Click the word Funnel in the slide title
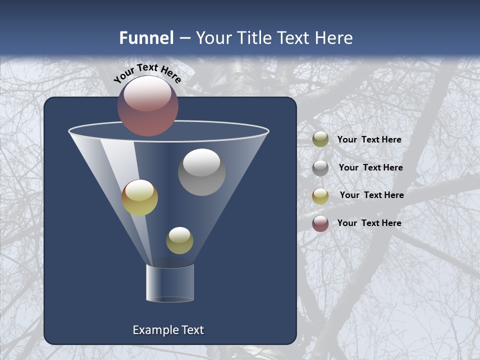(146, 38)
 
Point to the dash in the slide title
(184, 38)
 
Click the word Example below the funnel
(155, 330)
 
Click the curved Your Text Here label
(147, 73)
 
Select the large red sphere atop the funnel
(148, 106)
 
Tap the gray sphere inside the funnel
(201, 172)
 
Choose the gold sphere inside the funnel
(140, 197)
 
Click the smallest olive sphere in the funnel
(179, 240)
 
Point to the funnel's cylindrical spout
(170, 283)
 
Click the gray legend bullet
(320, 168)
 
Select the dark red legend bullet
(320, 223)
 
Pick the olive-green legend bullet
(320, 139)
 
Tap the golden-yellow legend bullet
(320, 196)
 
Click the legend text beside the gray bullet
(370, 167)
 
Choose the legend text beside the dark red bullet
(369, 223)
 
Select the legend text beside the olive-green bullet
(369, 139)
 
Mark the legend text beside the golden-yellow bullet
(371, 195)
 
